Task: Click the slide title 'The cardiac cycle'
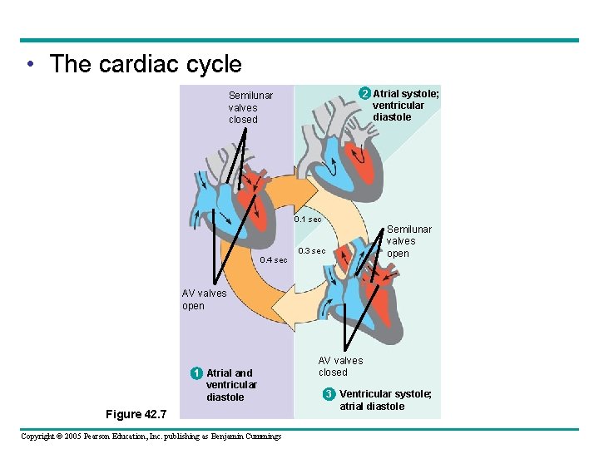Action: (x=145, y=64)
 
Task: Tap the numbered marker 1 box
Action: (x=195, y=373)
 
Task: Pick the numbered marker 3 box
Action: (x=329, y=393)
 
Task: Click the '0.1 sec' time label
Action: (x=308, y=220)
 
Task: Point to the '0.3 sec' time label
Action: (x=312, y=250)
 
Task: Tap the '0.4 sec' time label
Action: (x=274, y=260)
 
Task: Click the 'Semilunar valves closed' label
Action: (x=250, y=107)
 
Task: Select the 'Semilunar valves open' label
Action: (x=408, y=241)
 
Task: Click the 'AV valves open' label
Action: (x=204, y=299)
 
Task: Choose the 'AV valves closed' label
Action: (x=340, y=366)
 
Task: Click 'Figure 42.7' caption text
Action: (x=136, y=414)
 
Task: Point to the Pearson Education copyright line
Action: (x=151, y=436)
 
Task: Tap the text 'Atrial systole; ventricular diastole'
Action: (x=405, y=106)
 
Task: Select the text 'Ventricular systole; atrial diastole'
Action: (x=384, y=400)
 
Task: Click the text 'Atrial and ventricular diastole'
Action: (x=231, y=385)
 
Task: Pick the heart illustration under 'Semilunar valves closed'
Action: (x=230, y=200)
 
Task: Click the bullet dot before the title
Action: (x=30, y=65)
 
